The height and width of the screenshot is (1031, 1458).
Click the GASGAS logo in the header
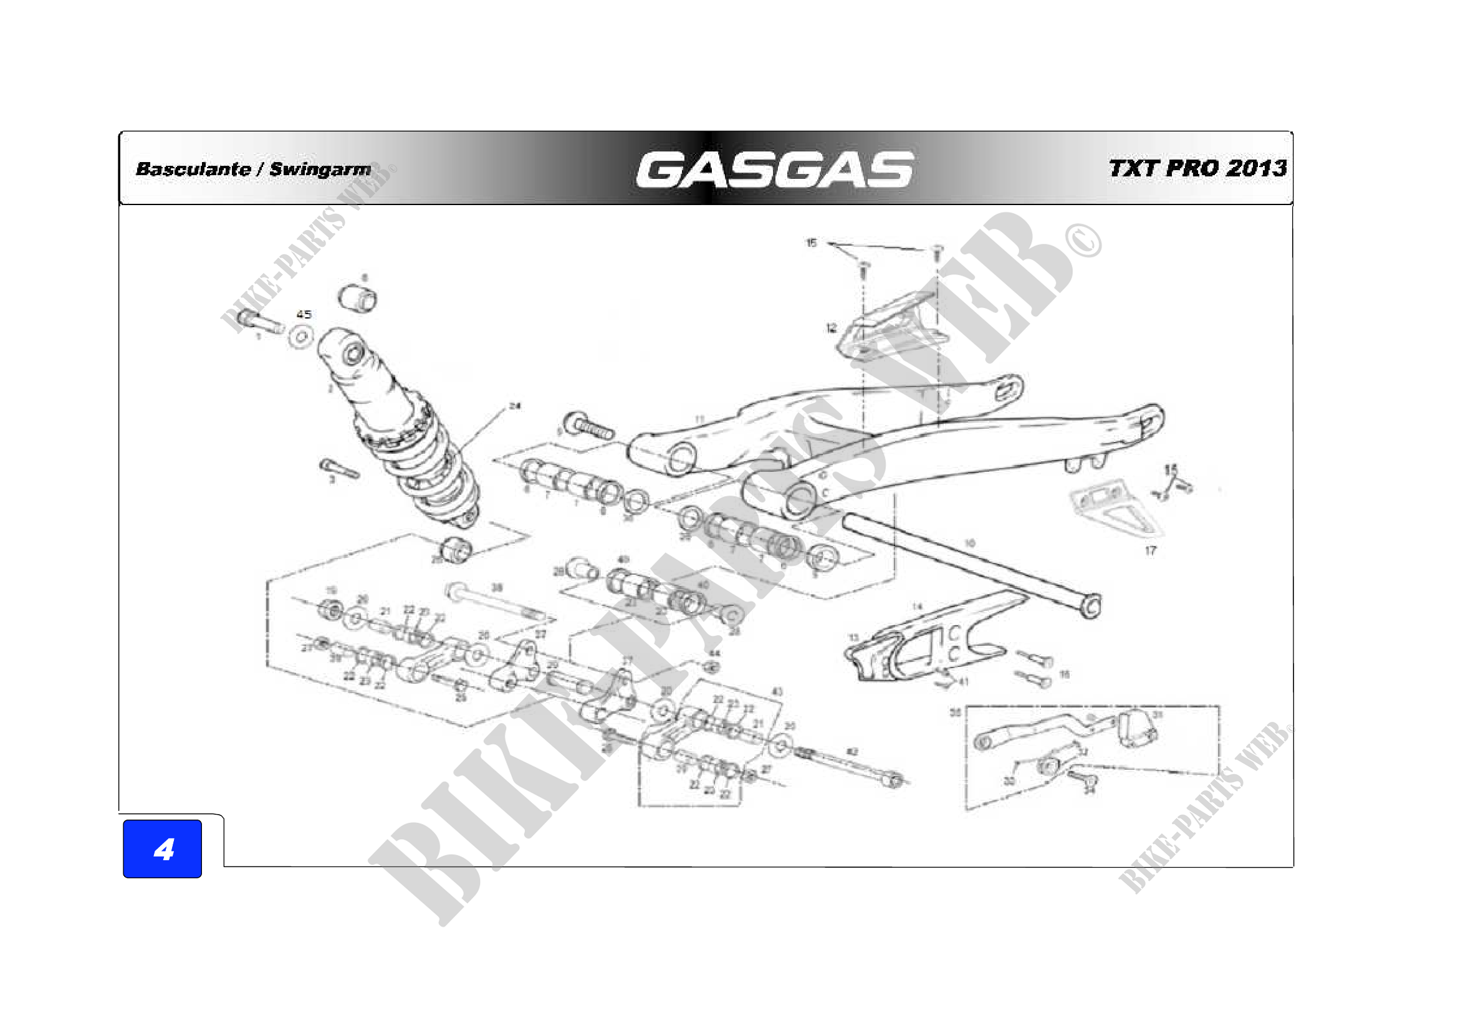(774, 170)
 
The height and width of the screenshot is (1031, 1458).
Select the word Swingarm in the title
(320, 169)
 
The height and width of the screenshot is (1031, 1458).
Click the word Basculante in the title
(193, 169)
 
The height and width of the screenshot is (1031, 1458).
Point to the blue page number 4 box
(163, 849)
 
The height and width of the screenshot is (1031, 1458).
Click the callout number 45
(304, 314)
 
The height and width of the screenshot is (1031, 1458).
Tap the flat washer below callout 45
(301, 337)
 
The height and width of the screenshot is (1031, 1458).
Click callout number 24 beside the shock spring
(515, 406)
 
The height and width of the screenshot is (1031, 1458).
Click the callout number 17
(1151, 550)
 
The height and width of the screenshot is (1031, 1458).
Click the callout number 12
(832, 328)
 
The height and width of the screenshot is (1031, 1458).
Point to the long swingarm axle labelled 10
(972, 562)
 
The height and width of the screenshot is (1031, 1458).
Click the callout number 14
(917, 607)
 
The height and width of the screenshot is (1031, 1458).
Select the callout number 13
(853, 638)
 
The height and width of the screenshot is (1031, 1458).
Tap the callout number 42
(853, 752)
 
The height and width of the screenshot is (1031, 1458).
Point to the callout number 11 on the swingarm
(699, 419)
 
